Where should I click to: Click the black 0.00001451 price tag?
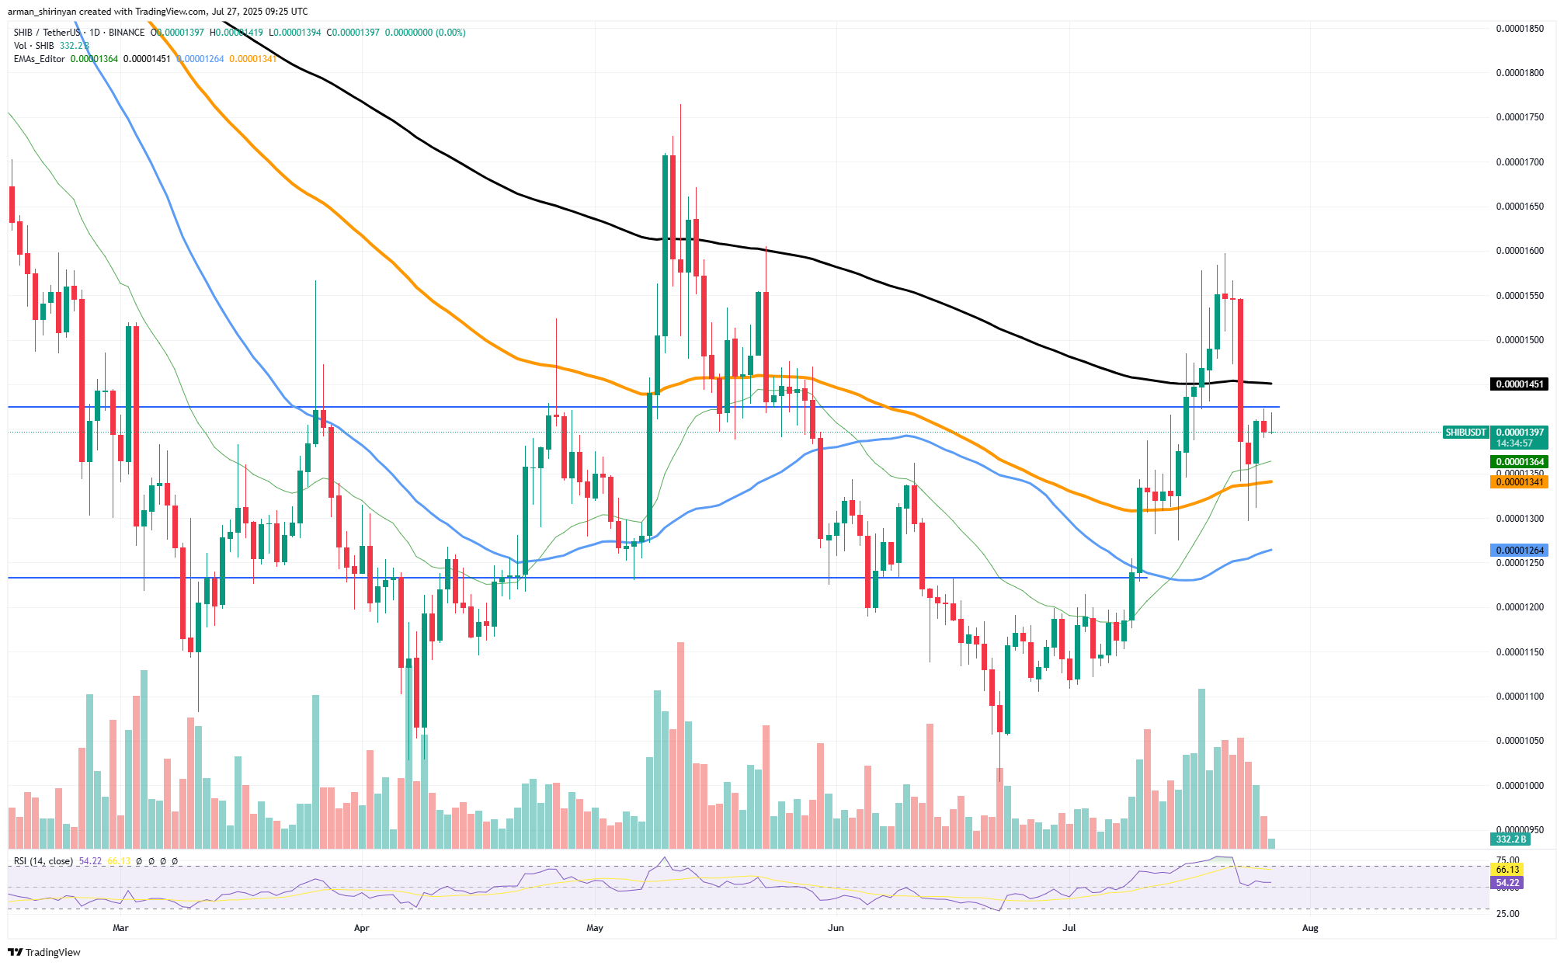click(x=1519, y=384)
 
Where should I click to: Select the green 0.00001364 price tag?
click(x=1519, y=462)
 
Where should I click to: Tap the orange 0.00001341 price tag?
click(x=1519, y=482)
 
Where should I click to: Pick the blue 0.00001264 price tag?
click(x=1519, y=551)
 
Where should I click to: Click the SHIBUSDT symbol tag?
click(x=1465, y=433)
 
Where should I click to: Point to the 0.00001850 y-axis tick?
click(x=1520, y=29)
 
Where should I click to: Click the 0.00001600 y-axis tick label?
click(x=1520, y=251)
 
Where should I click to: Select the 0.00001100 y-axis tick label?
click(x=1520, y=697)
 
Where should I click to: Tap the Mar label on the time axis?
click(x=120, y=928)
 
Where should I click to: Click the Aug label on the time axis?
click(x=1310, y=928)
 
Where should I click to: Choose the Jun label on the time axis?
click(x=836, y=928)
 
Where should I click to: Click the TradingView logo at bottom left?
click(x=44, y=952)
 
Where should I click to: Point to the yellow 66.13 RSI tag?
click(x=1507, y=870)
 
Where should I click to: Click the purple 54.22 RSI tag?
click(x=1507, y=883)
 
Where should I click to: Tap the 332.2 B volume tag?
click(x=1510, y=839)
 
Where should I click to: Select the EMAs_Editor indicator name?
click(x=39, y=59)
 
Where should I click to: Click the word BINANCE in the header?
click(x=127, y=33)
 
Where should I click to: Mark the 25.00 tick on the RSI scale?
click(x=1507, y=914)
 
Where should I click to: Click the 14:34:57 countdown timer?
click(x=1514, y=443)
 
